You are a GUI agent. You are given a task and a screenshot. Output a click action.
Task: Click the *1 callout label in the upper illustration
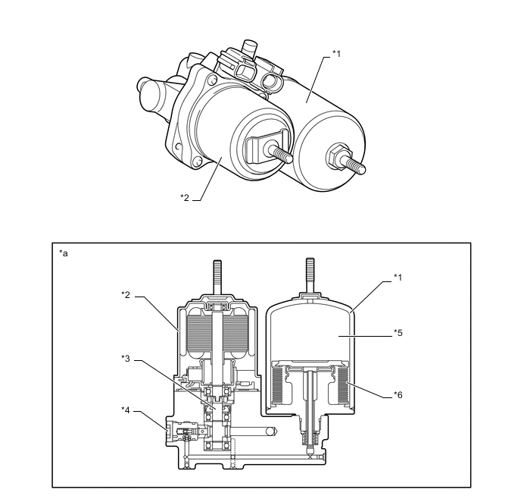point(337,55)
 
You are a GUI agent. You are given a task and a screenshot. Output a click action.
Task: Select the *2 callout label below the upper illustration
point(184,199)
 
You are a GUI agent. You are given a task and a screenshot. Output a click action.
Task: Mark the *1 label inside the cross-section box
point(397,278)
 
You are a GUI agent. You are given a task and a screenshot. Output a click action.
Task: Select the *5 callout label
point(397,331)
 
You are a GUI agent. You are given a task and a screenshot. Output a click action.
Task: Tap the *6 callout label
point(397,394)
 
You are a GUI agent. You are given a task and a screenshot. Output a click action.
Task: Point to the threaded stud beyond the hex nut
point(355,166)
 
